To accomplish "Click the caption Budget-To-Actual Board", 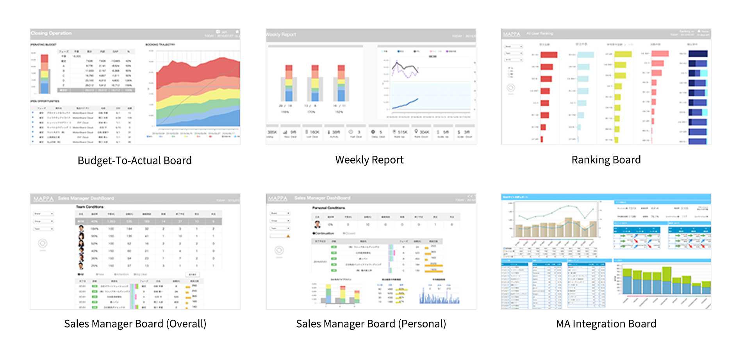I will coord(135,160).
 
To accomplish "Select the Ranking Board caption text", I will coord(606,160).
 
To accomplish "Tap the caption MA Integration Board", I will coord(606,324).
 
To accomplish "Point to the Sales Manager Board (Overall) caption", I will coord(135,324).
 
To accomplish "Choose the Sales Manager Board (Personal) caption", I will coord(371,324).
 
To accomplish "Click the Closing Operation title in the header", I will coord(52,34).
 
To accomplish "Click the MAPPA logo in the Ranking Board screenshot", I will coord(512,34).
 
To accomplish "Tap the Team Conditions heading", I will coord(90,207).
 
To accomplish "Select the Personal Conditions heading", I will coord(328,208).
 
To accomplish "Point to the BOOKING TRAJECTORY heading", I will coord(160,45).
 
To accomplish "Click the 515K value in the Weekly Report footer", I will coord(403,132).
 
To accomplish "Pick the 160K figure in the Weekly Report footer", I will coord(314,132).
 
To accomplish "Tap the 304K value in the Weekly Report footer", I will coord(425,132).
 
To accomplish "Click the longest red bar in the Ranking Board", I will coord(549,55).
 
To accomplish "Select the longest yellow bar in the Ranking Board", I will coord(623,54).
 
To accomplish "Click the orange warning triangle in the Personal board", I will coord(288,236).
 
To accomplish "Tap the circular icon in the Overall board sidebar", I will coord(43,243).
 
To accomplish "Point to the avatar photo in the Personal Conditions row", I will coord(317,224).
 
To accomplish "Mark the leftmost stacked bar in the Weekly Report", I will coord(289,84).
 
